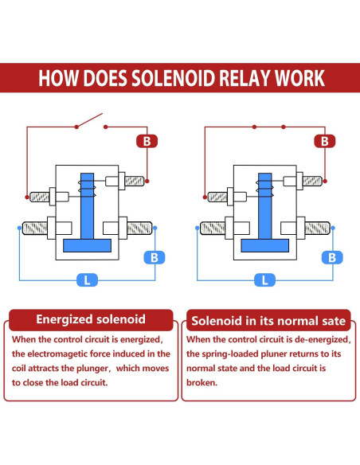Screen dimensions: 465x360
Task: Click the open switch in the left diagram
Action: tap(89, 121)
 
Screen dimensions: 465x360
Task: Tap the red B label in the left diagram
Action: tap(146, 142)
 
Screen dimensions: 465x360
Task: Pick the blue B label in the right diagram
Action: tap(332, 257)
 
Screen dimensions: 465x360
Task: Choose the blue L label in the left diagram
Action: tap(86, 279)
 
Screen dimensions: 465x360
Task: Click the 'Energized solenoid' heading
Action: tap(91, 319)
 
